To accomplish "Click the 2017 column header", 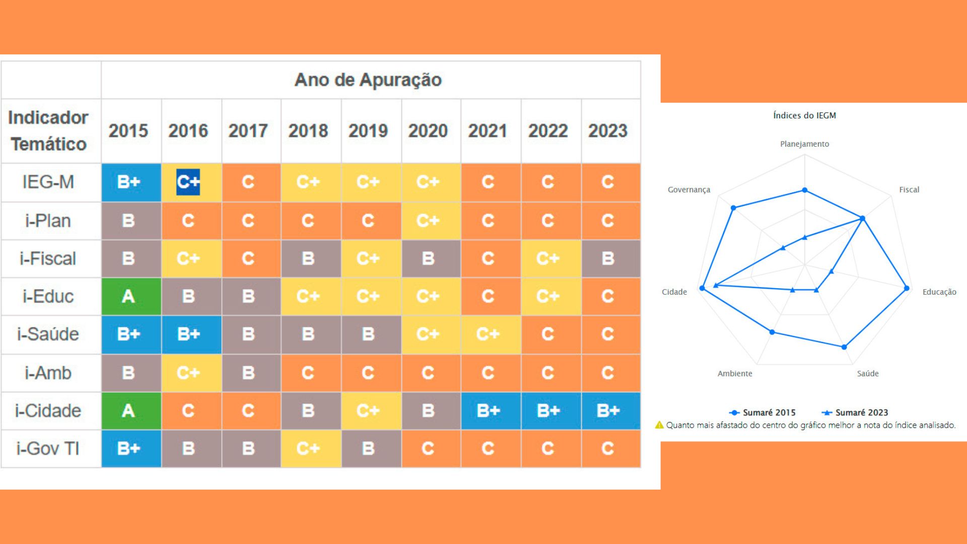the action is click(x=248, y=131).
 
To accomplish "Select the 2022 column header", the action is click(x=548, y=131).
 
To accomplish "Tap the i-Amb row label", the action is click(x=48, y=373).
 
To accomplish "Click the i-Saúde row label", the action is click(x=48, y=334).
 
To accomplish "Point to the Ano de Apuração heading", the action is click(x=368, y=80).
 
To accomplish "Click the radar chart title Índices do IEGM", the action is click(x=804, y=115).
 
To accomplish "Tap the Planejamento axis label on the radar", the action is click(x=804, y=144).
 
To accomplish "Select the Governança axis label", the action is click(x=689, y=190).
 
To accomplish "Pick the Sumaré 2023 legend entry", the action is click(x=855, y=413).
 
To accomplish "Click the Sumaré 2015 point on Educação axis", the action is click(x=907, y=289).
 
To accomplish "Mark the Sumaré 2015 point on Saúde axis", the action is click(x=845, y=347).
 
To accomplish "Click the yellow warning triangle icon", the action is click(x=659, y=425).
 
